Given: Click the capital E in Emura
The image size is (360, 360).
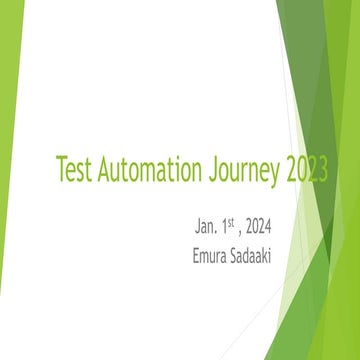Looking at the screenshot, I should [196, 255].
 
